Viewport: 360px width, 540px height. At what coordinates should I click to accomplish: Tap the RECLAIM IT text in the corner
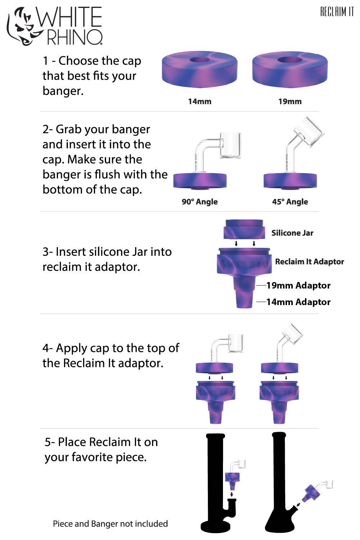[337, 12]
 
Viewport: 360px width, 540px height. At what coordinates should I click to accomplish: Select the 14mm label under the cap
[200, 101]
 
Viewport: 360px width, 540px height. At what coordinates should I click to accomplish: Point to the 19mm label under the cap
[290, 101]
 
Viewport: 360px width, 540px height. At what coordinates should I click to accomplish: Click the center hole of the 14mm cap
[199, 60]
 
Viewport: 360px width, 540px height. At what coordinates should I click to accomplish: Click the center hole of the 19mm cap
[290, 60]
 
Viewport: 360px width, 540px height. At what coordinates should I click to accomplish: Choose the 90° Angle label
[200, 202]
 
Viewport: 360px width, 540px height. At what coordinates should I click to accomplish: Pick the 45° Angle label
[290, 202]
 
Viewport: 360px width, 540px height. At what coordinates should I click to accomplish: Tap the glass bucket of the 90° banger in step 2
[230, 146]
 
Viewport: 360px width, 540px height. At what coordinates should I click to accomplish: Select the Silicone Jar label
[292, 233]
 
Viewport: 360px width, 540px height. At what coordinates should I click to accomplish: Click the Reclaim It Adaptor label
[309, 262]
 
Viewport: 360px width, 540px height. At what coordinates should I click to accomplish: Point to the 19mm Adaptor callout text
[298, 286]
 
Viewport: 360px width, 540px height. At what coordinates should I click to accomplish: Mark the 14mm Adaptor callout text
[298, 302]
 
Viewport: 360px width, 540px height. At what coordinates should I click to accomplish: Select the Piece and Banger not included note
[110, 524]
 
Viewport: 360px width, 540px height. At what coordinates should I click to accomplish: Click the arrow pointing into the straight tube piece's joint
[232, 495]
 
